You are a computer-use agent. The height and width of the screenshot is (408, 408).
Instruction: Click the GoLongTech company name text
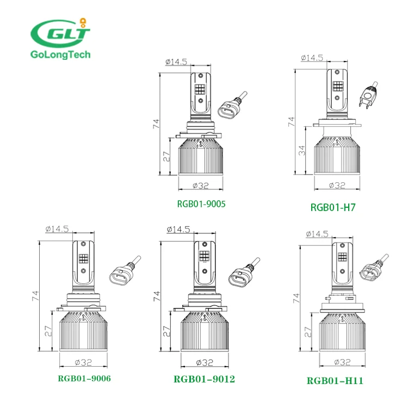[x=60, y=54]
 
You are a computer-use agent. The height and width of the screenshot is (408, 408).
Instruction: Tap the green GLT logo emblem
[x=60, y=33]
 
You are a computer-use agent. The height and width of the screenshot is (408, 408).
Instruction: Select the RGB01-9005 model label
[x=201, y=204]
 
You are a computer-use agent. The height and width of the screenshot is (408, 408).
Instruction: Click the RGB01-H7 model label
[x=333, y=207]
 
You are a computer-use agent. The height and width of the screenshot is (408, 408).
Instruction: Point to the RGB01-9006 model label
[x=84, y=378]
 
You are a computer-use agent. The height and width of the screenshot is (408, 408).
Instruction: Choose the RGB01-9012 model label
[x=204, y=379]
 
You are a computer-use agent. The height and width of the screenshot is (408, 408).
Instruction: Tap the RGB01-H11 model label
[x=335, y=381]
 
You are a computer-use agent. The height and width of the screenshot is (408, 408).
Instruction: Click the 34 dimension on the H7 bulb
[x=301, y=151]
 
